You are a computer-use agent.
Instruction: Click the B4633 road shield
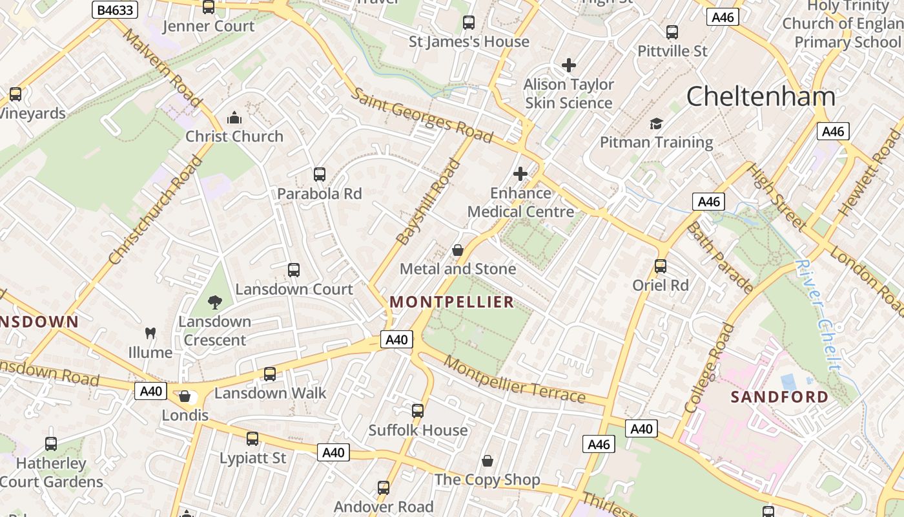115,10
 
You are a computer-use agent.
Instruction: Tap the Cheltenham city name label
761,97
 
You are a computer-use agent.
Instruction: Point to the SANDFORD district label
779,397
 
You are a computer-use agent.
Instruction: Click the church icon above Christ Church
234,118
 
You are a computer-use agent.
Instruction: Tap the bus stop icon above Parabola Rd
320,174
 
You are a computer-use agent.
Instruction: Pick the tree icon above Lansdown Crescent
214,302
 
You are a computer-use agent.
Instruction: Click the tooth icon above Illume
150,333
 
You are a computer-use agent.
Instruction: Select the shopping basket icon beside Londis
185,396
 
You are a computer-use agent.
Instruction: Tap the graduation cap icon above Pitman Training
656,123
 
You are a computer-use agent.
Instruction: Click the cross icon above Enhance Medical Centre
520,174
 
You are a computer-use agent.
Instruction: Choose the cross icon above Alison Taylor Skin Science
569,65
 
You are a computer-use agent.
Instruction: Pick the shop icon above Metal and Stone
458,249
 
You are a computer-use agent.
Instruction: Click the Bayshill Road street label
429,202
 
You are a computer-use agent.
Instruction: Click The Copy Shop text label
487,480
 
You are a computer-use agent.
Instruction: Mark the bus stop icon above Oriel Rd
661,266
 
